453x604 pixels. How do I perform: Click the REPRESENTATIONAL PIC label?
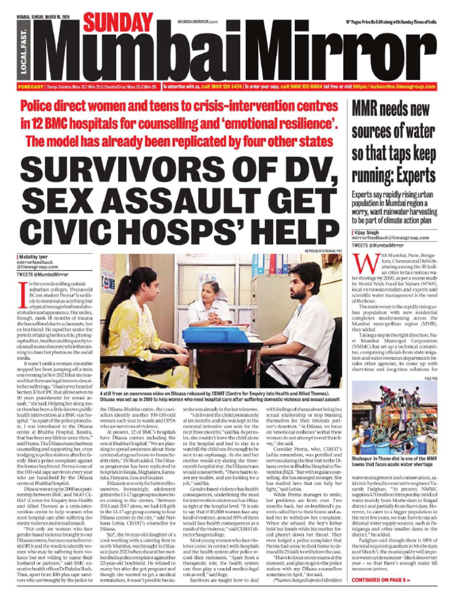point(323,251)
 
